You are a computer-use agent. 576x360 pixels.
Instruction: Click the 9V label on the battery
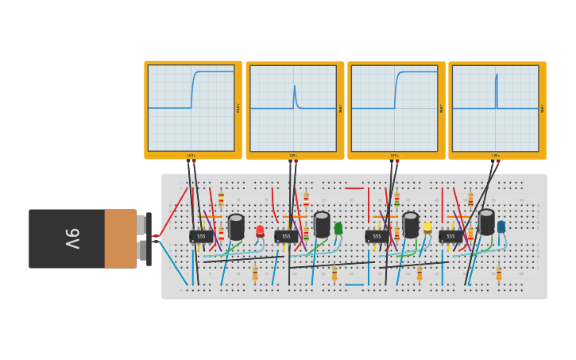[72, 238]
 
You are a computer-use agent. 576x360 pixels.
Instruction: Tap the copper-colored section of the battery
[120, 238]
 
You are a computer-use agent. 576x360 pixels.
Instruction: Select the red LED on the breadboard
[260, 231]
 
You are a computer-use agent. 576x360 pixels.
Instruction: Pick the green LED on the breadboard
[338, 229]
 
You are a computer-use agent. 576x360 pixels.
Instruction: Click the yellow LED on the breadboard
[427, 228]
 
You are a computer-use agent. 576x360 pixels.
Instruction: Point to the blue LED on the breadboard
[501, 226]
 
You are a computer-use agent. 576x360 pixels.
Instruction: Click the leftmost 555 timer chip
[201, 236]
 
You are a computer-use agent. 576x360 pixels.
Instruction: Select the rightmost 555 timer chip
[450, 236]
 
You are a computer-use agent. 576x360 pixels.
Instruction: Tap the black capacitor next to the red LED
[236, 226]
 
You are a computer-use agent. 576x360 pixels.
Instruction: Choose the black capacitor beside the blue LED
[486, 222]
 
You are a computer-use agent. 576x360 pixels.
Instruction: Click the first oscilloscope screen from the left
[191, 108]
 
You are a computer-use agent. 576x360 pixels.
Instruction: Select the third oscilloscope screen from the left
[394, 108]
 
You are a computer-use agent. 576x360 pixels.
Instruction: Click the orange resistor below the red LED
[255, 273]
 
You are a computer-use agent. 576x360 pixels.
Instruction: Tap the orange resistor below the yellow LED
[419, 273]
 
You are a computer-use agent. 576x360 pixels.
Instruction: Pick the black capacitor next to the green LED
[322, 224]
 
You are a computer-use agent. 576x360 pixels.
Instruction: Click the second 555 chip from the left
[286, 236]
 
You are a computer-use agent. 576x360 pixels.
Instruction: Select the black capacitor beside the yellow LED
[410, 225]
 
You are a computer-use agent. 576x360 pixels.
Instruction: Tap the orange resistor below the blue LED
[499, 273]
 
